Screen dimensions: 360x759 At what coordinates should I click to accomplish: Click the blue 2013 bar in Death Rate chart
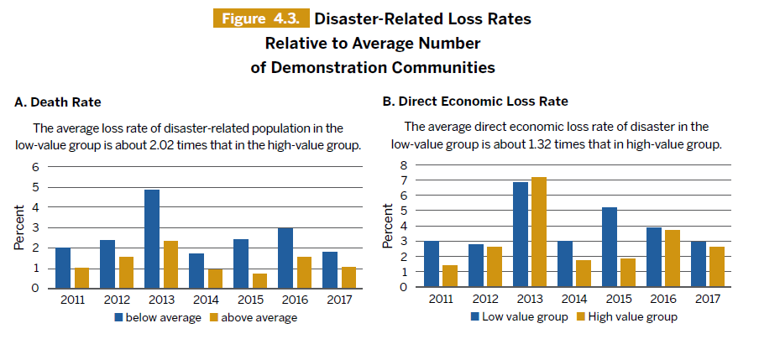pos(152,239)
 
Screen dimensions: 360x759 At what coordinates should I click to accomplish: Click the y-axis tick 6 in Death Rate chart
pos(35,166)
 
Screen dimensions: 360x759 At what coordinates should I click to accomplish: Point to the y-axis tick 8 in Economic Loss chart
pos(403,164)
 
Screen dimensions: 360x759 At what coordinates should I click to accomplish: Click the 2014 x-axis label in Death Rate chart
pos(204,300)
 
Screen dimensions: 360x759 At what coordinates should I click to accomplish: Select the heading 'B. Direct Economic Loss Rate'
pos(475,102)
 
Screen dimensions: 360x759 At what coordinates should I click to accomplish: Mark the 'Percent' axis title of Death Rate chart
pos(18,227)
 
